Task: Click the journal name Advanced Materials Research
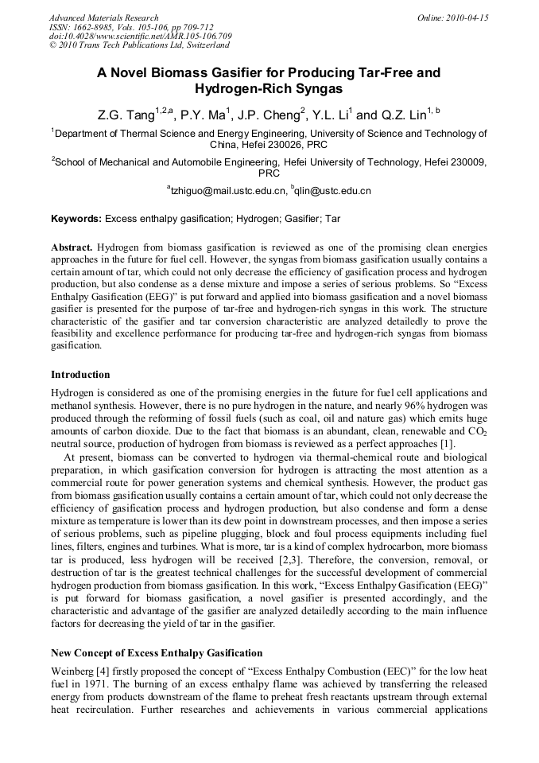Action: [103, 18]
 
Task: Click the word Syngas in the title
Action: [309, 89]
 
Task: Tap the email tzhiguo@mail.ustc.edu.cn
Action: [228, 191]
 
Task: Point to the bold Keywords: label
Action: [76, 218]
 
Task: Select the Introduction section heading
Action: [80, 374]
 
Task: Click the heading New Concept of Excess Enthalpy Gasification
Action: [157, 653]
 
